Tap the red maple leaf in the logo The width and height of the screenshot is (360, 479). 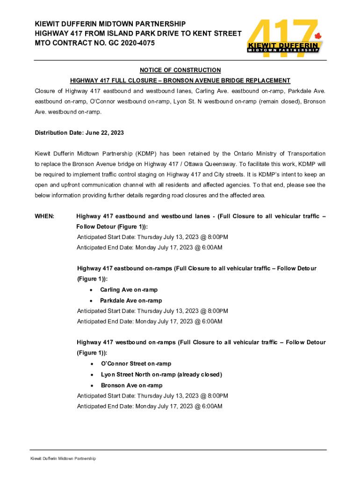click(x=318, y=36)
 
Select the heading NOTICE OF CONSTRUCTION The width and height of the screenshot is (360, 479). click(x=180, y=70)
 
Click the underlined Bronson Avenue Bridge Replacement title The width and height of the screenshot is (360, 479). click(x=180, y=80)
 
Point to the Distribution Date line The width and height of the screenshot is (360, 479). click(x=79, y=133)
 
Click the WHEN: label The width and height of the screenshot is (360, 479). click(x=44, y=217)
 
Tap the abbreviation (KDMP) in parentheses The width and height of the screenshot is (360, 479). click(x=146, y=154)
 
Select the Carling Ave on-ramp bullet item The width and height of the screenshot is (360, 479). click(x=129, y=290)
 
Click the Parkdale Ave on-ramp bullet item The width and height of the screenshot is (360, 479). click(x=131, y=301)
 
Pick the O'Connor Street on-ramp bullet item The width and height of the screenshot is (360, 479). click(x=136, y=364)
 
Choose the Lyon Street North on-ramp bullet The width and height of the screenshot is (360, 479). click(x=161, y=375)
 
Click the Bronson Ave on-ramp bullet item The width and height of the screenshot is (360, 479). click(x=132, y=385)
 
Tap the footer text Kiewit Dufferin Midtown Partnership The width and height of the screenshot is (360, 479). click(x=63, y=459)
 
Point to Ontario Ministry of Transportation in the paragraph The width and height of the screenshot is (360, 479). click(x=275, y=154)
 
